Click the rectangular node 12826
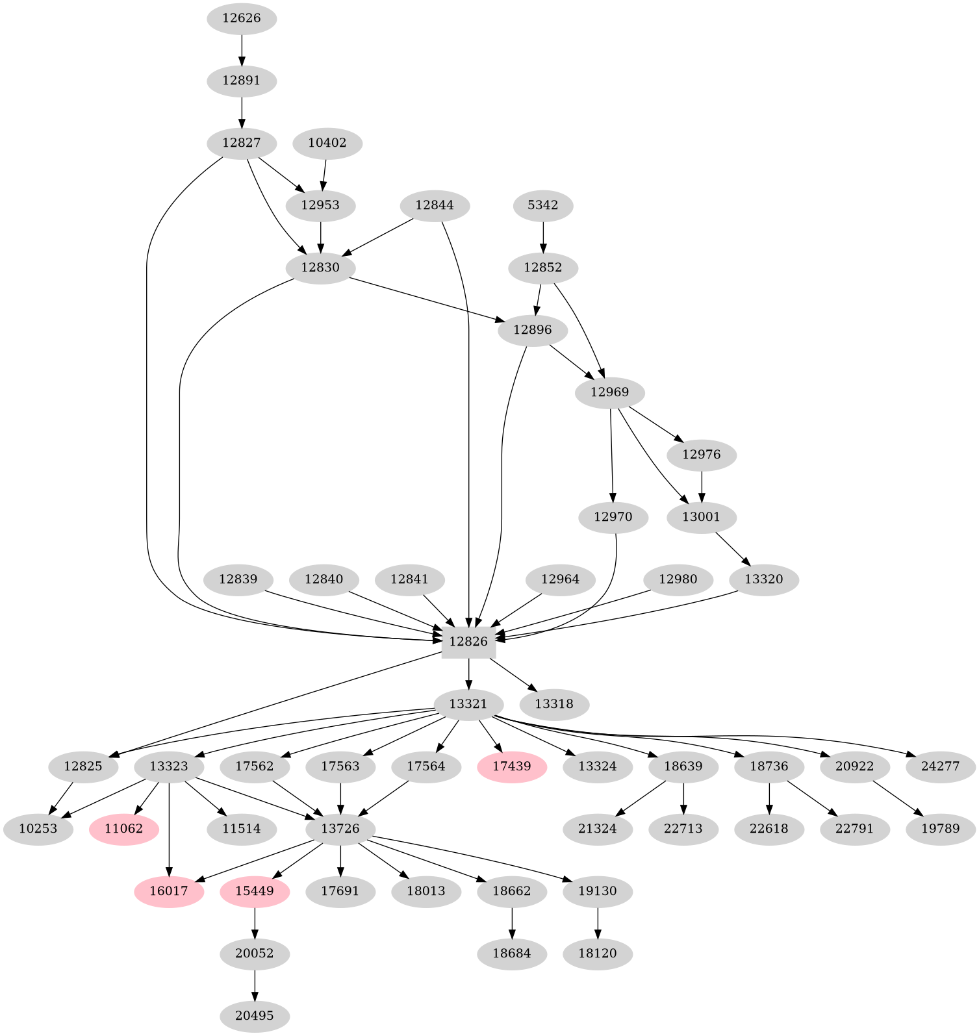point(468,642)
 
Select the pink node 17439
point(512,766)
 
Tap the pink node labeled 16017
point(169,891)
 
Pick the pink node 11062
point(123,829)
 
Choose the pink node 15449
point(255,891)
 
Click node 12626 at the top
point(242,18)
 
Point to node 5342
point(543,205)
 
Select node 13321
point(468,704)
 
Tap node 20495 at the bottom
point(255,1016)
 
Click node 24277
point(941,766)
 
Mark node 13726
point(340,829)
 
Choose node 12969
point(610,392)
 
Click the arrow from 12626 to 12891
point(242,49)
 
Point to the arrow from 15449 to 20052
point(255,922)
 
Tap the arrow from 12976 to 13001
point(702,486)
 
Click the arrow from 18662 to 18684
point(512,922)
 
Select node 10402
point(327,143)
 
